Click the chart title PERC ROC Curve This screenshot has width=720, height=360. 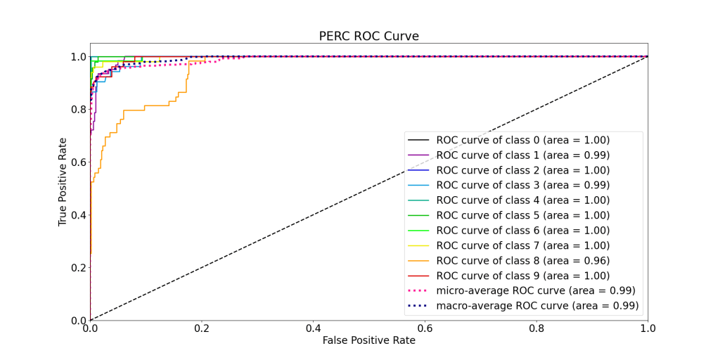click(x=368, y=36)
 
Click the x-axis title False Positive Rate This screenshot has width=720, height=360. click(x=368, y=340)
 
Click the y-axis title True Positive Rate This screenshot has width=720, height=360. click(x=63, y=181)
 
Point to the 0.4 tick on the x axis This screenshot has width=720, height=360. click(x=313, y=328)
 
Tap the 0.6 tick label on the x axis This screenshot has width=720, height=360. click(x=425, y=328)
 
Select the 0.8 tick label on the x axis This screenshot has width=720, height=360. click(x=536, y=328)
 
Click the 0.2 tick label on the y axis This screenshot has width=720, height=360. click(x=78, y=268)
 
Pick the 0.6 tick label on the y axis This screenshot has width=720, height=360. click(x=78, y=162)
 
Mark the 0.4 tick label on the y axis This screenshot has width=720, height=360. click(x=78, y=215)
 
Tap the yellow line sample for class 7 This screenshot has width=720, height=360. click(x=419, y=245)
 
